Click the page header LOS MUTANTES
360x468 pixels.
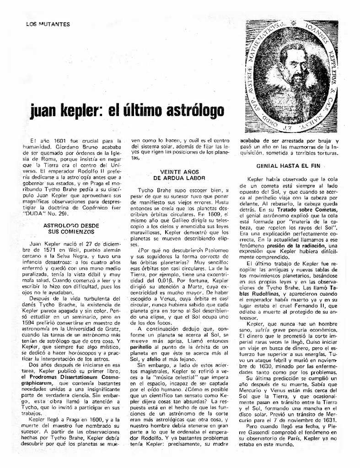tap(48, 24)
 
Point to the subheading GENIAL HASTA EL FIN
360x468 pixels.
tap(288, 166)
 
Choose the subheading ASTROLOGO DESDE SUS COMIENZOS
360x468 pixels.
tap(71, 229)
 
